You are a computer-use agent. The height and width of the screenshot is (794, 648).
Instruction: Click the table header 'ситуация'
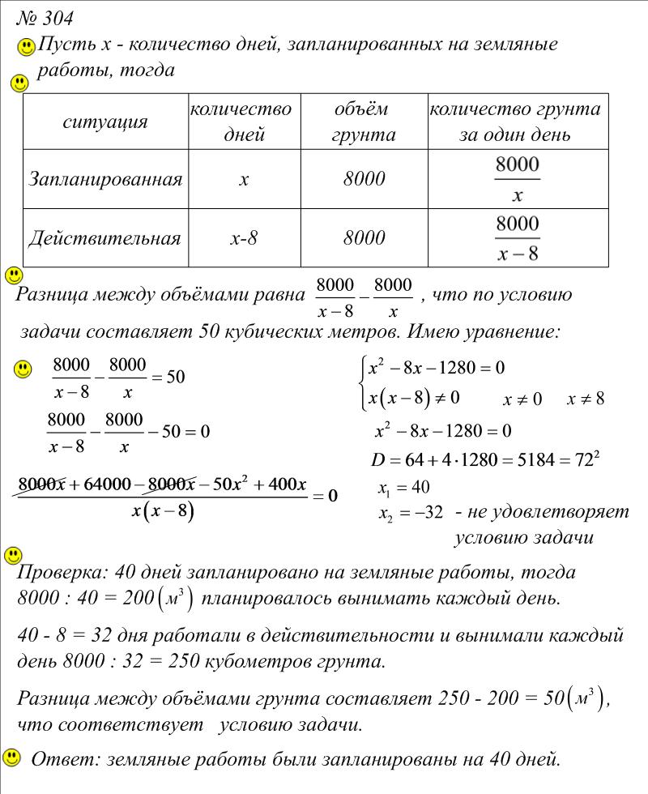pyautogui.click(x=105, y=122)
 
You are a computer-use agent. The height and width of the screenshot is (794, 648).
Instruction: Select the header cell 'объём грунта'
pyautogui.click(x=362, y=122)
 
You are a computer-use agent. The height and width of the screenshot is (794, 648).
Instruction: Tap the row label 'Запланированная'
pyautogui.click(x=105, y=179)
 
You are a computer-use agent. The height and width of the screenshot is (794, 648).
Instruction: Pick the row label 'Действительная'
pyautogui.click(x=104, y=238)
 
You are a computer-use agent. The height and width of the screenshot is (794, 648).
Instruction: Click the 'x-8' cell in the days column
pyautogui.click(x=243, y=238)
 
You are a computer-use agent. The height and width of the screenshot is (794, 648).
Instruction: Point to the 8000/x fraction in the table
pyautogui.click(x=517, y=179)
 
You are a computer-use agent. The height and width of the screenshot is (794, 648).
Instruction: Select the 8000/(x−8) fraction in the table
pyautogui.click(x=517, y=238)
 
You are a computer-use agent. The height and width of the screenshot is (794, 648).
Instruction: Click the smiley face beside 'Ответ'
pyautogui.click(x=12, y=758)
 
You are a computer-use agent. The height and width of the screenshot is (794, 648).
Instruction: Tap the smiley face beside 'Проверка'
pyautogui.click(x=13, y=556)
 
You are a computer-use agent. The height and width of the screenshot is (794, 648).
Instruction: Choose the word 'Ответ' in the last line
pyautogui.click(x=57, y=760)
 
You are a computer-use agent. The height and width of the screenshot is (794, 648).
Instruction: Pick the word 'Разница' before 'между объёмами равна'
pyautogui.click(x=49, y=295)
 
